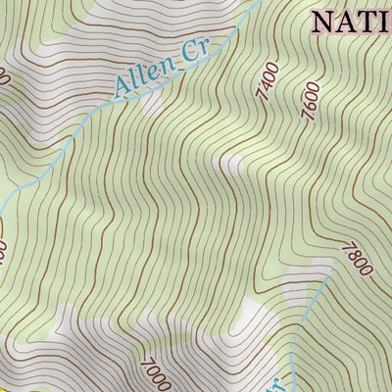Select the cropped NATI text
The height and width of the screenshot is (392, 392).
(351, 21)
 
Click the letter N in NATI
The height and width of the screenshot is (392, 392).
(324, 21)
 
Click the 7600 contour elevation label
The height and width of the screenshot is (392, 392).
(311, 102)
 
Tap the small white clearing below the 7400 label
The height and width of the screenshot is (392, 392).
(232, 164)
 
